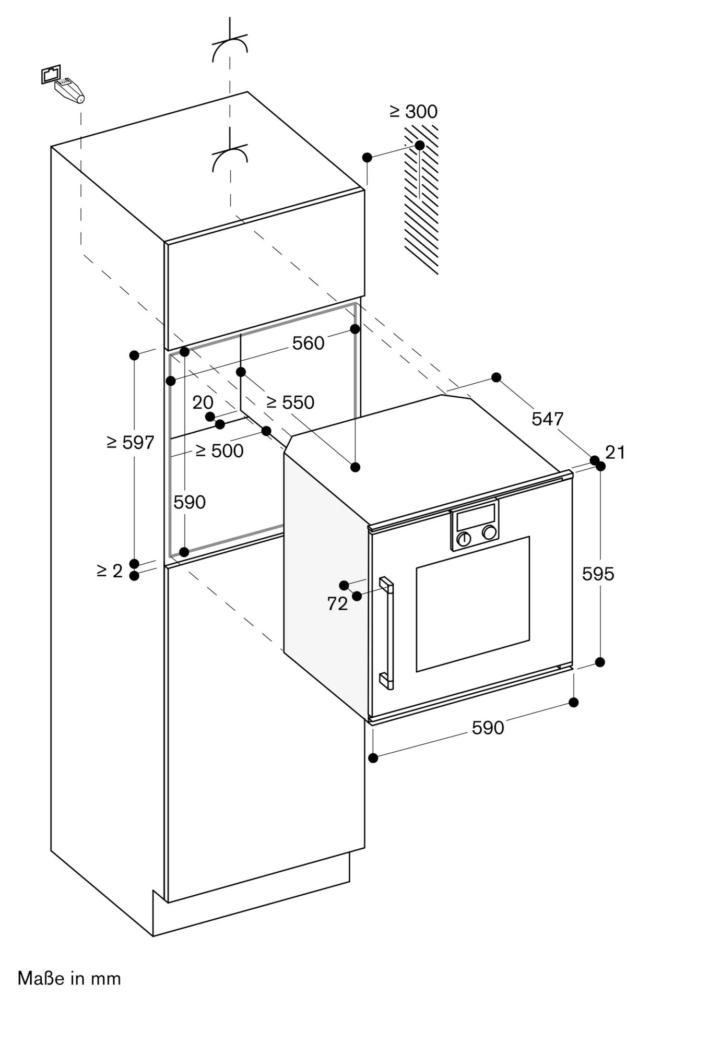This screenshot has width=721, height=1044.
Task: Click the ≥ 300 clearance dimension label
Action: pos(413,111)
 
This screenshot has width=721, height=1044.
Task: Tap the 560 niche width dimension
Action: pos(308,343)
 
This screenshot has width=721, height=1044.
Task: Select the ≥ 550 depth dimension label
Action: pos(290,402)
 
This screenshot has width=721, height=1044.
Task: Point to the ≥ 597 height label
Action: pos(130,443)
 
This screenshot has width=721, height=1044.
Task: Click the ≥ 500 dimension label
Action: pos(219,450)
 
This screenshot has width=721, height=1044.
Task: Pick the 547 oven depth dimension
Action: pos(548,419)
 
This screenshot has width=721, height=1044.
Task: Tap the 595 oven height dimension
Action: pos(598,574)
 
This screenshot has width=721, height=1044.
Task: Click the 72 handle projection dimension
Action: pos(337,604)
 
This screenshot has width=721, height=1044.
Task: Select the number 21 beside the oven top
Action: pos(615,452)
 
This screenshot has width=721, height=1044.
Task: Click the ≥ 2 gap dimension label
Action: pos(110,571)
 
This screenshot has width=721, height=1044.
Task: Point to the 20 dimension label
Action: pos(203,402)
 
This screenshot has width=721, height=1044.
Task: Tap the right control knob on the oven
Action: pos(489,532)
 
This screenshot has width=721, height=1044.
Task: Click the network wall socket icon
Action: pos(51,74)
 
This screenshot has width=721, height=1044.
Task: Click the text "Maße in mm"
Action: pos(69,978)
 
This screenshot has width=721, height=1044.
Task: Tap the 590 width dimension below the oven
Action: pos(488,728)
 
